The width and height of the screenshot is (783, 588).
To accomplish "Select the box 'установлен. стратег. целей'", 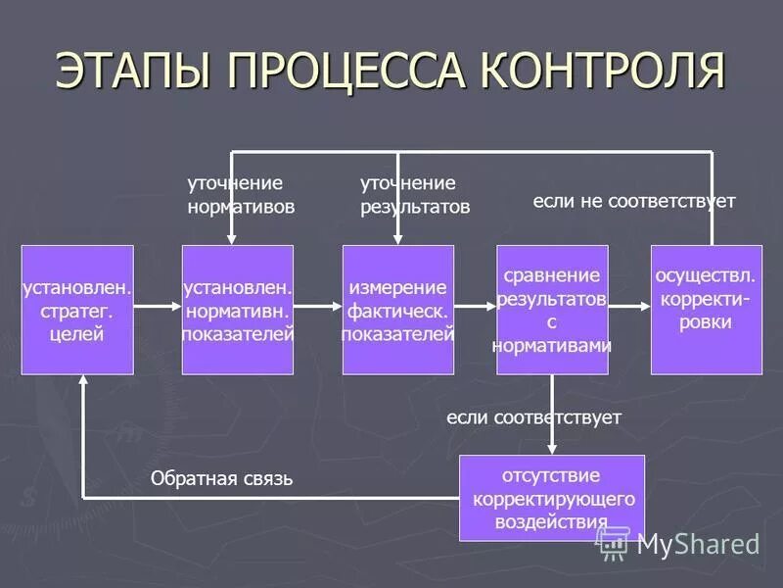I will click(77, 310).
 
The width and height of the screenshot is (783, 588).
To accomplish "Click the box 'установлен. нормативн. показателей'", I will click(238, 310).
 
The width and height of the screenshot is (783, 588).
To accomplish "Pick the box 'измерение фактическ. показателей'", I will click(397, 310).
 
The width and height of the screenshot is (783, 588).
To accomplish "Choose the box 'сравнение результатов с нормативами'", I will click(552, 310).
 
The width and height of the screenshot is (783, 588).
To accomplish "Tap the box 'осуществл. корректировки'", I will click(706, 310).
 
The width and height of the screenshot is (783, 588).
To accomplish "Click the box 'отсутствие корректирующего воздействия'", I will click(552, 498).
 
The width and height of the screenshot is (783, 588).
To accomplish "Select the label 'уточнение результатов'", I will click(414, 195).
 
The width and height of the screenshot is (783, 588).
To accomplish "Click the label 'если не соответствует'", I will click(633, 201).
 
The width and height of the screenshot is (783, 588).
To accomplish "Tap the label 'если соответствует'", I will click(533, 417).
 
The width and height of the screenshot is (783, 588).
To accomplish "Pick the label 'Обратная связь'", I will click(221, 479).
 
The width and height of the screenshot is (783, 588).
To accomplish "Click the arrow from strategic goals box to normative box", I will click(158, 307).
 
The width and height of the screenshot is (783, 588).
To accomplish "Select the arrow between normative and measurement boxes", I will click(318, 307).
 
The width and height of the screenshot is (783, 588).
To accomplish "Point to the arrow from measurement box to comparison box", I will click(476, 307).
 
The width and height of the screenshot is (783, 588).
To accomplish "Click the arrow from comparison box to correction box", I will click(629, 307).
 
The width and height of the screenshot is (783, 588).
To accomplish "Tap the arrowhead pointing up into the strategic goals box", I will click(83, 383).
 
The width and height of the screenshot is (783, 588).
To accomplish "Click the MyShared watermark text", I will click(698, 544).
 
